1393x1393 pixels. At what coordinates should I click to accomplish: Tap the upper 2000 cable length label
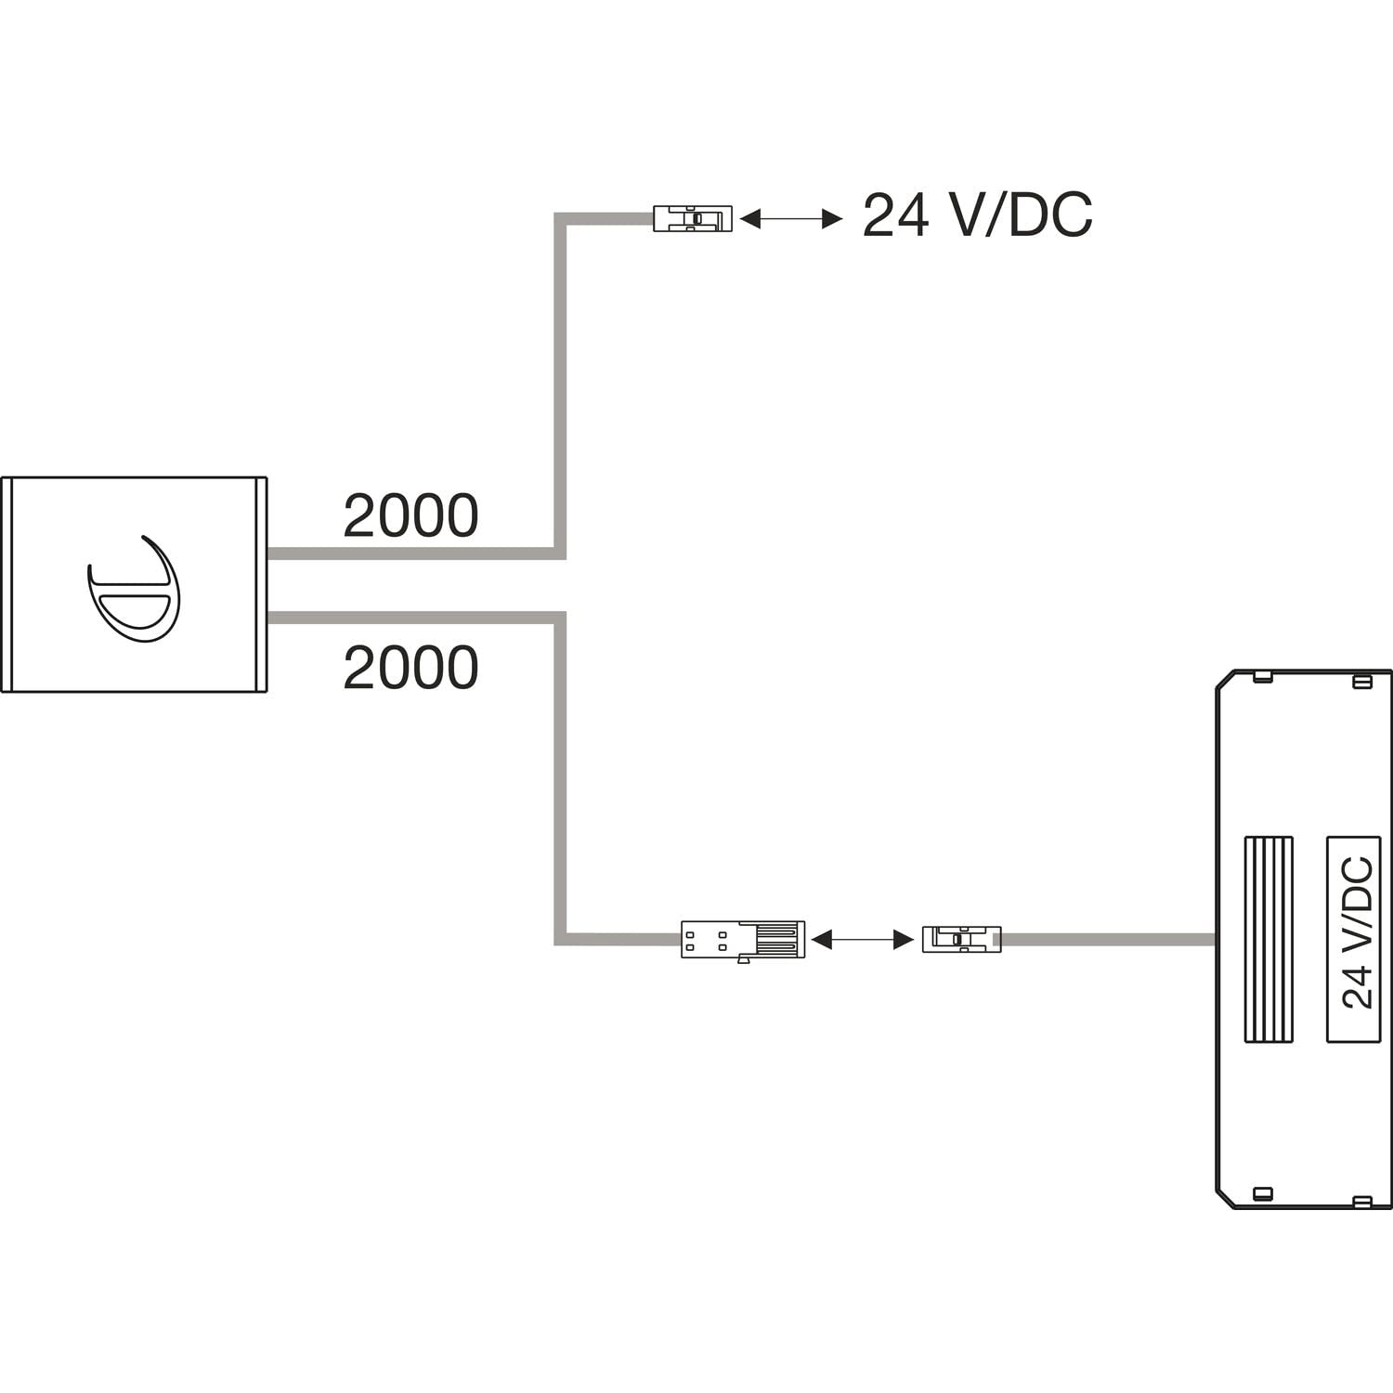pyautogui.click(x=410, y=516)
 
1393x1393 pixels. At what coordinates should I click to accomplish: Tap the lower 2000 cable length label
pyautogui.click(x=410, y=668)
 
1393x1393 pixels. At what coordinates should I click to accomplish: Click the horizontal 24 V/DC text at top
pyautogui.click(x=977, y=216)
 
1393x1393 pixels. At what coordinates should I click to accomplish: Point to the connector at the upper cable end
pyautogui.click(x=693, y=218)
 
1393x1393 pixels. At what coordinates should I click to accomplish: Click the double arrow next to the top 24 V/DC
pyautogui.click(x=791, y=219)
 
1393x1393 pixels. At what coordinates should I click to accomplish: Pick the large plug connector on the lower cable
pyautogui.click(x=743, y=940)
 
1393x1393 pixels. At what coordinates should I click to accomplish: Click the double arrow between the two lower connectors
pyautogui.click(x=863, y=940)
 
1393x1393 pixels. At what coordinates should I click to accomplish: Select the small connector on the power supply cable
pyautogui.click(x=961, y=939)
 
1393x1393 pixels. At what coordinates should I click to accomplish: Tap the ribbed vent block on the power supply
pyautogui.click(x=1269, y=938)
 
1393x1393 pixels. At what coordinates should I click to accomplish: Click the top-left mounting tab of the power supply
pyautogui.click(x=1261, y=676)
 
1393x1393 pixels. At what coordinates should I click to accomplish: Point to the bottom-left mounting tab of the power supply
pyautogui.click(x=1261, y=1193)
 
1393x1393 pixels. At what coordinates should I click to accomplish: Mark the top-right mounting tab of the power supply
pyautogui.click(x=1361, y=683)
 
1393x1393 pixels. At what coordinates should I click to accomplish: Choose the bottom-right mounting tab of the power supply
pyautogui.click(x=1361, y=1201)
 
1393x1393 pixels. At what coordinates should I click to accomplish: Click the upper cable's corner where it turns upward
pyautogui.click(x=560, y=553)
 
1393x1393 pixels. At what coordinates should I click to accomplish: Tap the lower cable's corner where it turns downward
pyautogui.click(x=560, y=618)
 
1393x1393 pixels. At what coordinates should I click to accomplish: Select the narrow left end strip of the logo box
pyautogui.click(x=6, y=585)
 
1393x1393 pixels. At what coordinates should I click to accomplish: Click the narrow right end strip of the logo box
pyautogui.click(x=261, y=585)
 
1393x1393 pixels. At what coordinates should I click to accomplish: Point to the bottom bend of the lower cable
pyautogui.click(x=560, y=939)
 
